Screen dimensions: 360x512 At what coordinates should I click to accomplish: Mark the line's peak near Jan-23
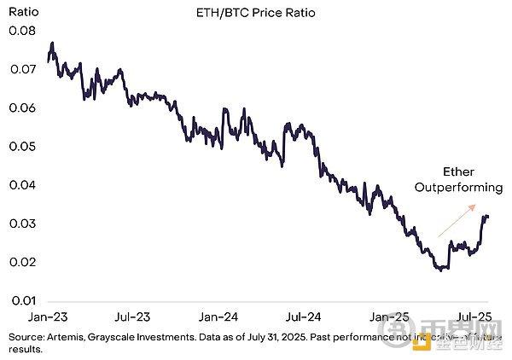pos(53,43)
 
